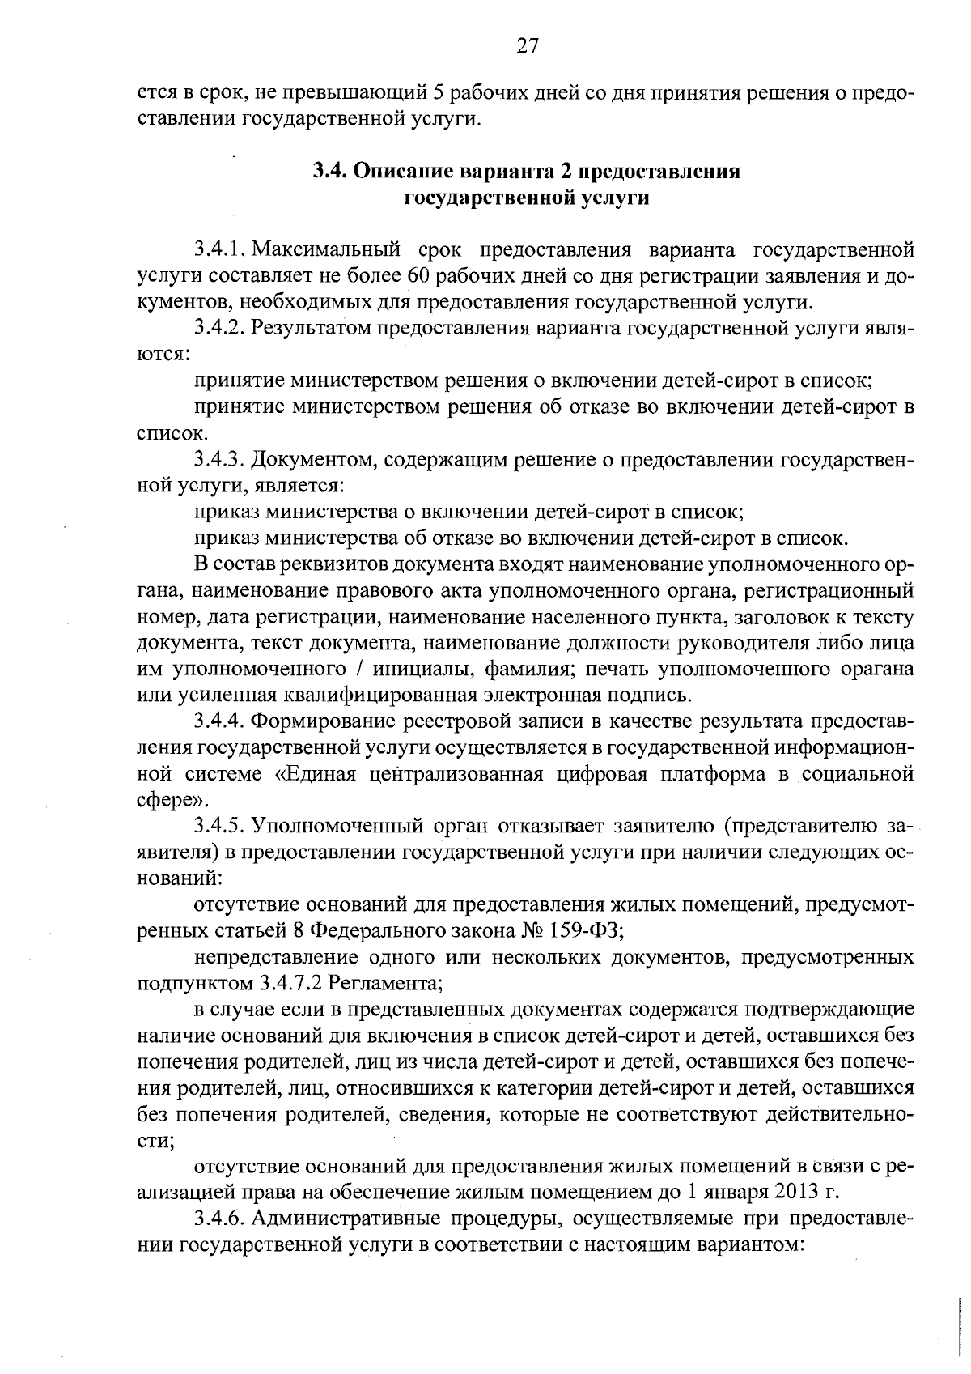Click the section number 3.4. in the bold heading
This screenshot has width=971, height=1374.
pyautogui.click(x=329, y=172)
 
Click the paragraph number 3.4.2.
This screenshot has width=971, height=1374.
pyautogui.click(x=218, y=328)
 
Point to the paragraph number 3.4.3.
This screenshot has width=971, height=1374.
pyautogui.click(x=218, y=460)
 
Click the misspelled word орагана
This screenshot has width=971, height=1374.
pyautogui.click(x=874, y=670)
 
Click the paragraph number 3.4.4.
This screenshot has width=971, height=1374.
pyautogui.click(x=218, y=721)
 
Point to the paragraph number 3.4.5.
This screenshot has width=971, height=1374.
pyautogui.click(x=218, y=826)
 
